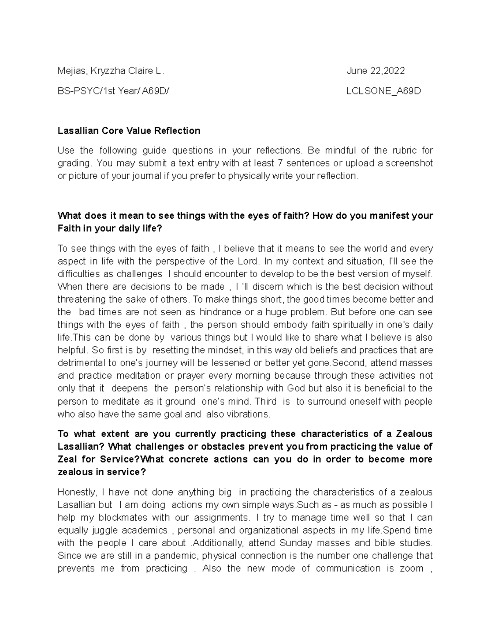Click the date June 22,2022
(x=376, y=71)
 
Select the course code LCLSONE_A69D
(x=383, y=91)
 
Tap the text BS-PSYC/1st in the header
(x=79, y=91)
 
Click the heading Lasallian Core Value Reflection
(x=129, y=131)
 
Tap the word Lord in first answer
(x=248, y=261)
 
